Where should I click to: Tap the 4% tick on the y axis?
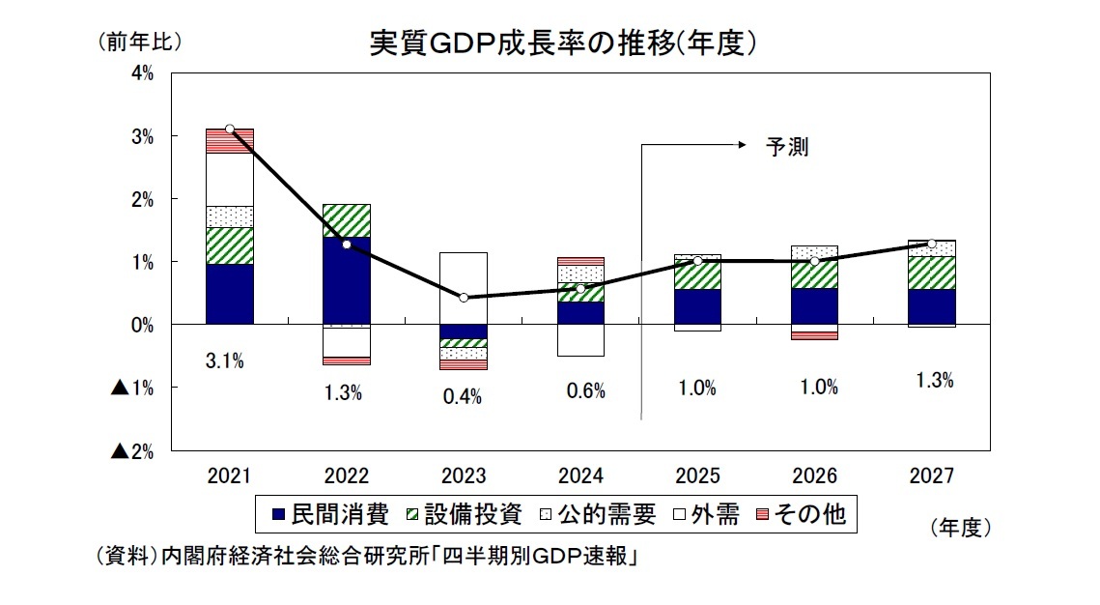click(x=142, y=73)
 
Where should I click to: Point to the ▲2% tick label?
click(x=133, y=450)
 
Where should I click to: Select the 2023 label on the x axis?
click(x=464, y=476)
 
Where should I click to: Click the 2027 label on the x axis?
click(x=931, y=476)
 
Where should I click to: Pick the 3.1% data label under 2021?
click(x=224, y=361)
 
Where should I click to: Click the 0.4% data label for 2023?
click(x=462, y=397)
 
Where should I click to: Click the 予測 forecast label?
click(x=787, y=147)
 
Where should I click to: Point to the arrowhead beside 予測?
click(x=743, y=146)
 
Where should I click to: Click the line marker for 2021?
click(x=230, y=129)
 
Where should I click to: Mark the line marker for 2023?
click(x=464, y=298)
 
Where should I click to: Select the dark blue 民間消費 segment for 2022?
click(x=347, y=280)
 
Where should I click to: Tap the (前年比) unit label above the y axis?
click(x=137, y=43)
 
